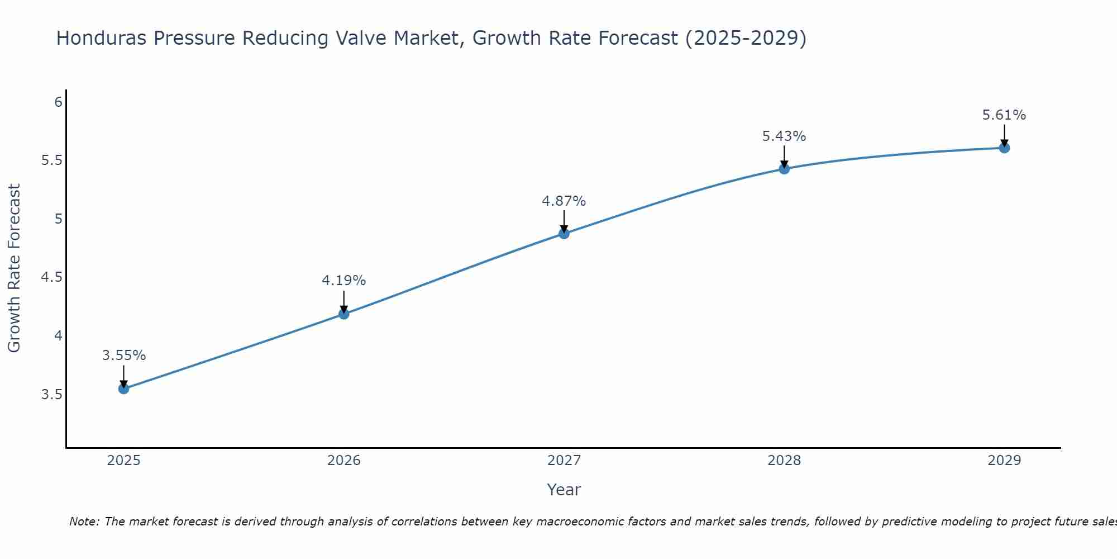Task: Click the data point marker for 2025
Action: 124,389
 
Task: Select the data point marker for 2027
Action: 564,234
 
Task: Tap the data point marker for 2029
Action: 1004,148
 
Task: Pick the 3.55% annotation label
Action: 124,356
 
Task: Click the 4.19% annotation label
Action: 344,281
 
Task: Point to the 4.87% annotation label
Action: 564,201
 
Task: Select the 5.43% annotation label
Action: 784,136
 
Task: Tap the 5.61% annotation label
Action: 1004,115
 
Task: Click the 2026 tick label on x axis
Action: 344,461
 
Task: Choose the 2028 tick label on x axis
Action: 784,461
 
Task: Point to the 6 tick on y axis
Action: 58,102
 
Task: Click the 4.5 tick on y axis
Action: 51,278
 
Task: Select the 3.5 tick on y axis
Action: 51,395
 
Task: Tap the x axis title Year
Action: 564,490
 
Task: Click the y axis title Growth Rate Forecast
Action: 15,268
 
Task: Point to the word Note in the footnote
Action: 84,522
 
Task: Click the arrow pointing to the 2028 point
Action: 784,157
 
